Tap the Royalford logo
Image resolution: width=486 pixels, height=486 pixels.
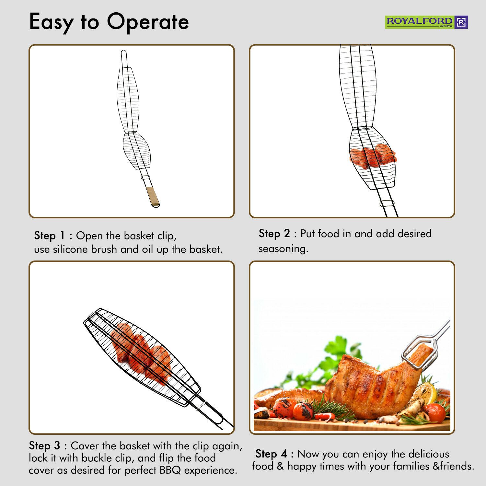pyautogui.click(x=426, y=22)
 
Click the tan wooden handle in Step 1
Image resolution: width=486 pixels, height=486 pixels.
pyautogui.click(x=153, y=197)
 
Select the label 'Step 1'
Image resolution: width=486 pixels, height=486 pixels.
pyautogui.click(x=50, y=236)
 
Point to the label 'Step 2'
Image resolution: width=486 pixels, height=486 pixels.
pyautogui.click(x=274, y=234)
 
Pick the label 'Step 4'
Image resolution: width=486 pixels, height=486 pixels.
pyautogui.click(x=271, y=454)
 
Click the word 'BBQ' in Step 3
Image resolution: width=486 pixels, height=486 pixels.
pyautogui.click(x=170, y=470)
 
